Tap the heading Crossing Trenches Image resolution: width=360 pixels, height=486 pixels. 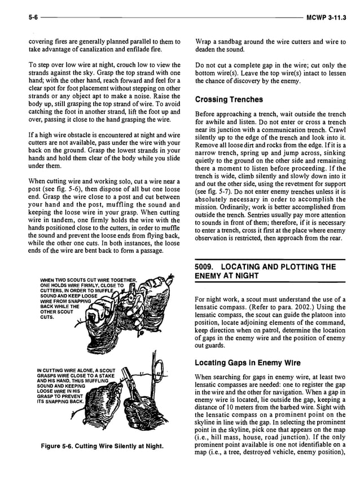(229, 100)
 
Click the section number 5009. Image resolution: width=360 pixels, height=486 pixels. (207, 266)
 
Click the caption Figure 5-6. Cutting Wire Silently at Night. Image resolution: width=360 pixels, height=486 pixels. (102, 446)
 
